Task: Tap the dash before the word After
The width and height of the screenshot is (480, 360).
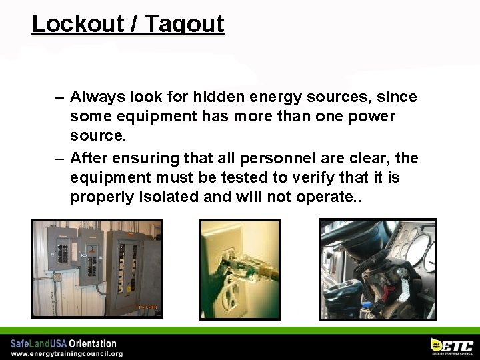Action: pyautogui.click(x=59, y=158)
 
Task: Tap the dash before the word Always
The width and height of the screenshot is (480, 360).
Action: pyautogui.click(x=59, y=97)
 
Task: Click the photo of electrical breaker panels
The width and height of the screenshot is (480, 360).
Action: pyautogui.click(x=97, y=268)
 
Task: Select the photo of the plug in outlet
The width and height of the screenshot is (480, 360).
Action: pyautogui.click(x=240, y=269)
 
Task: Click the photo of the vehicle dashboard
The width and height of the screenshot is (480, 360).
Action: pyautogui.click(x=378, y=269)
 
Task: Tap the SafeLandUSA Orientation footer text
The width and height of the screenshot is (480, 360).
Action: pyautogui.click(x=63, y=343)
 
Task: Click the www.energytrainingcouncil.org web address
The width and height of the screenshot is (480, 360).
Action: pyautogui.click(x=67, y=353)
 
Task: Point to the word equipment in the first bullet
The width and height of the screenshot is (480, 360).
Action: pyautogui.click(x=150, y=117)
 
